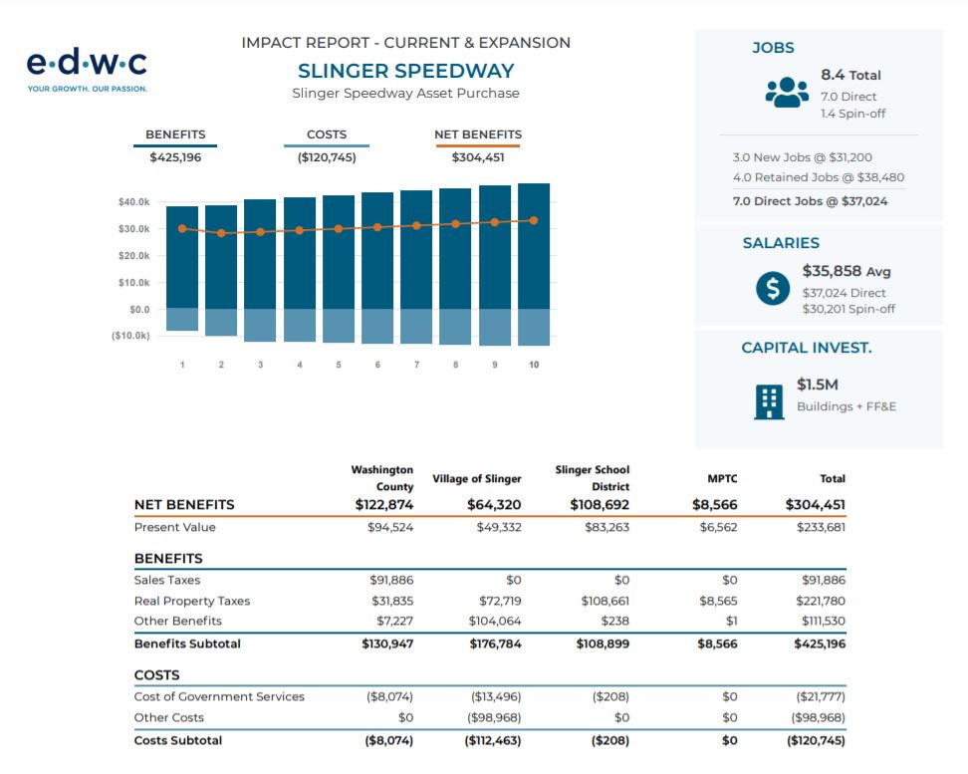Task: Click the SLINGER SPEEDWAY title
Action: tap(405, 71)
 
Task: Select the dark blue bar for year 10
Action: tap(534, 246)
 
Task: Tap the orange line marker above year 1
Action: tap(182, 228)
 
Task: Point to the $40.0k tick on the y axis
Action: tap(134, 202)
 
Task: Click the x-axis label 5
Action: tap(339, 365)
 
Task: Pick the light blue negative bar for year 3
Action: tap(260, 325)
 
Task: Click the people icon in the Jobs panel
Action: tap(787, 92)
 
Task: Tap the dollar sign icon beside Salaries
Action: tap(772, 289)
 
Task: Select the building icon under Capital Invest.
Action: tap(769, 402)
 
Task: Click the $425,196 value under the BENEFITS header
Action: tap(175, 157)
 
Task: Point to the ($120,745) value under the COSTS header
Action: tap(327, 157)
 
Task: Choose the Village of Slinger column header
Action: tap(477, 479)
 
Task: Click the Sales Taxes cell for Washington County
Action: tap(391, 580)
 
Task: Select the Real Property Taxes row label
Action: tap(192, 601)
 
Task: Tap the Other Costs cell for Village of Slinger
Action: tap(494, 718)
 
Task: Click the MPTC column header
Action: tap(722, 479)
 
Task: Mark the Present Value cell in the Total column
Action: tap(821, 528)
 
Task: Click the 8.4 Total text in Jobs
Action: tap(850, 75)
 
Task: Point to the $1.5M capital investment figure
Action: tap(818, 385)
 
